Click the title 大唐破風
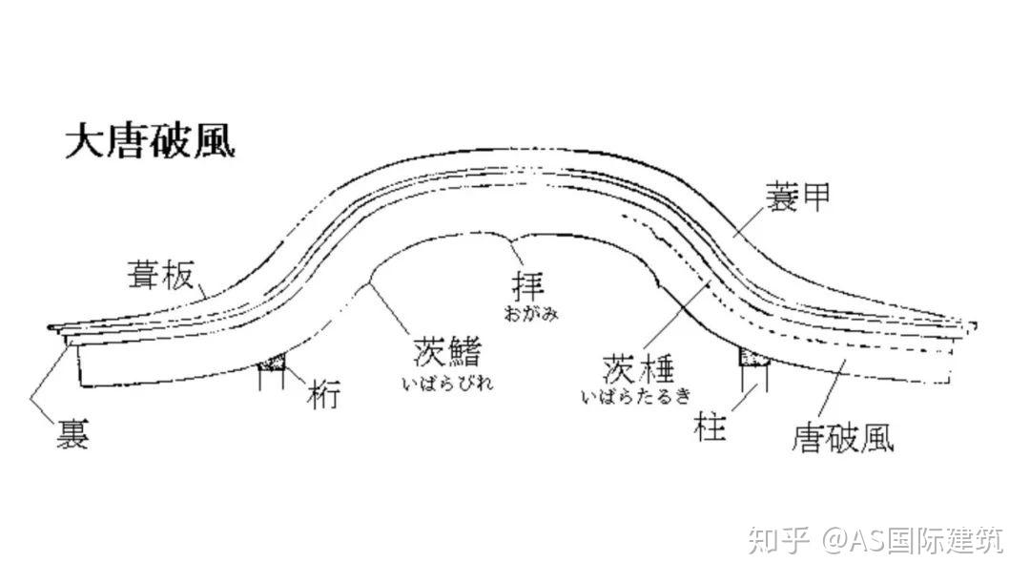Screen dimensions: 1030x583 pos(150,141)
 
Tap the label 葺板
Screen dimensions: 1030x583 pos(160,277)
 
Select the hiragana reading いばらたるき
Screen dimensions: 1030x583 pos(636,394)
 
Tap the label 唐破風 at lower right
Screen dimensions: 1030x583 pos(842,438)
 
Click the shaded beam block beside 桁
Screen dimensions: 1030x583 pos(275,362)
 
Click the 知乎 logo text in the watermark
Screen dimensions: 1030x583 pos(776,542)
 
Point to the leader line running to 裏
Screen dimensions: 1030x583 pos(48,382)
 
